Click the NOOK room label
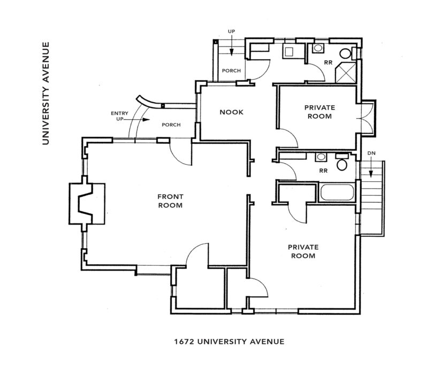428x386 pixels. click(x=231, y=112)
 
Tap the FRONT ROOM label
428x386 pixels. click(x=170, y=201)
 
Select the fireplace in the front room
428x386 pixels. click(x=87, y=204)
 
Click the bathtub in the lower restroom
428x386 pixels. click(x=337, y=192)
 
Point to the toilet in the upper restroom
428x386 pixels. click(x=346, y=53)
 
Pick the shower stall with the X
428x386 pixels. click(x=346, y=73)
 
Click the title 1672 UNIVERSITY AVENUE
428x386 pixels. click(x=230, y=342)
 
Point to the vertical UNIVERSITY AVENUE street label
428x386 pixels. click(x=45, y=94)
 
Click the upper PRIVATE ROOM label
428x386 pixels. click(x=319, y=112)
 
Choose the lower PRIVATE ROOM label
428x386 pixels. click(x=303, y=251)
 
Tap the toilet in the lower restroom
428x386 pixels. click(x=342, y=163)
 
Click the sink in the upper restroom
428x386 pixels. click(x=318, y=48)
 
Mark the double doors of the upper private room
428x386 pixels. click(x=365, y=118)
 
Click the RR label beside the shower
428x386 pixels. click(x=328, y=63)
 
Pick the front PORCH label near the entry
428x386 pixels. click(x=171, y=125)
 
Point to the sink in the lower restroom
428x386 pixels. click(x=320, y=157)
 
